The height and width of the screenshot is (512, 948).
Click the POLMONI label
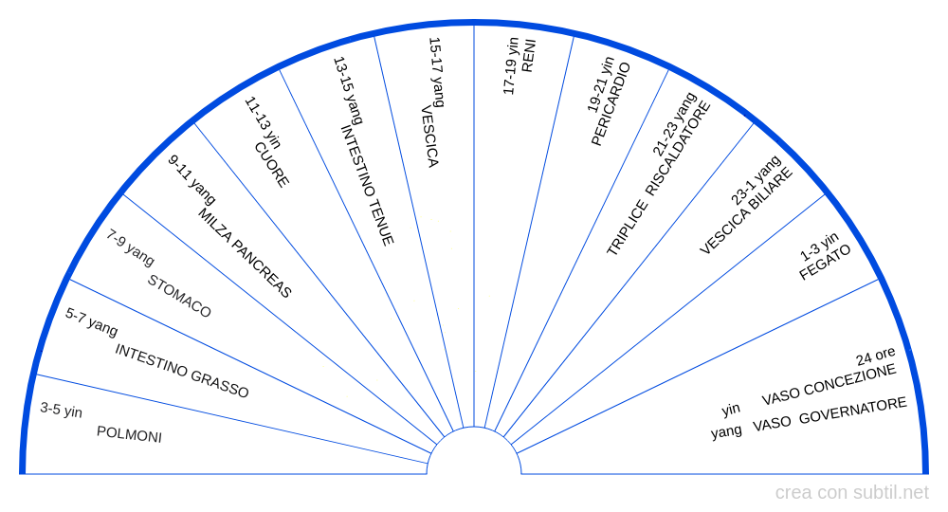click(129, 434)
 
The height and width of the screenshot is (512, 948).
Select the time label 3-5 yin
click(61, 410)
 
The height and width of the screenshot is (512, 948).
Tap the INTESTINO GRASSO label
click(182, 371)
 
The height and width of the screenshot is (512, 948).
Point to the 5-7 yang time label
click(91, 321)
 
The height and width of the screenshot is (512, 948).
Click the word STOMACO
click(179, 296)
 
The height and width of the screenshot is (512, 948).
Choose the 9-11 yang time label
click(191, 179)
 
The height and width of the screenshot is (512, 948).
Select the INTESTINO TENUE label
click(367, 186)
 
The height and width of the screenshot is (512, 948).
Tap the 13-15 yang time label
click(347, 91)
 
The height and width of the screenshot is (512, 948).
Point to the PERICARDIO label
click(611, 104)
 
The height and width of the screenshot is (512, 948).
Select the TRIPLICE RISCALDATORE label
click(659, 178)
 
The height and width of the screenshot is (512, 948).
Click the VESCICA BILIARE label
click(746, 210)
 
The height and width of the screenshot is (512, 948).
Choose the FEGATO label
click(825, 263)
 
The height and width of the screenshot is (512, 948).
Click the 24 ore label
click(875, 357)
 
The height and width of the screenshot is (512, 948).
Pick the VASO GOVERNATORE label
click(829, 414)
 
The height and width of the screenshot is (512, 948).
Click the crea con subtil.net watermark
click(851, 492)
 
